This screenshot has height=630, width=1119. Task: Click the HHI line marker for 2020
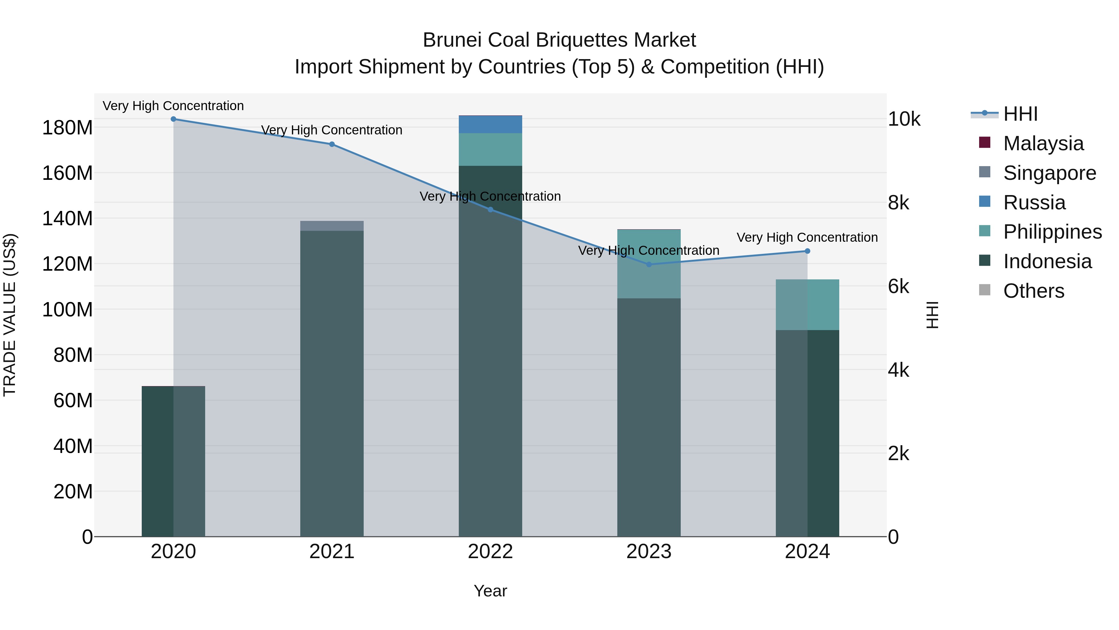coord(173,119)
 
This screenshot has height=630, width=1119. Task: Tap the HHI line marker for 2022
coord(490,210)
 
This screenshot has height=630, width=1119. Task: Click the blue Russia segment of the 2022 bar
coord(490,124)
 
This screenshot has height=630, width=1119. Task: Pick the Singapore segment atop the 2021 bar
coord(332,226)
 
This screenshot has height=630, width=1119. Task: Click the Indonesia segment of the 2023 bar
coord(649,418)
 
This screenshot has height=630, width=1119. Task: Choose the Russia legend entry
coord(1034,203)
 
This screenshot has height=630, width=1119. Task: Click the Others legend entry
coord(1034,291)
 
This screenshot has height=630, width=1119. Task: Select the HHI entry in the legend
coord(1020,114)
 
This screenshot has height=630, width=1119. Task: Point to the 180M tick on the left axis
coord(67,128)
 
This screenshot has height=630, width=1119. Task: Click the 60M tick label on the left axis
coord(73,400)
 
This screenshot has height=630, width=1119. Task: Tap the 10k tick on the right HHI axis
coord(904,119)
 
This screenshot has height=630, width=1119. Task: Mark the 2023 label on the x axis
coord(649,552)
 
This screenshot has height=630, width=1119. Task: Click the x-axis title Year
coord(490,591)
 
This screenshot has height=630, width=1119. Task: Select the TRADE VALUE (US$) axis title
coord(10,315)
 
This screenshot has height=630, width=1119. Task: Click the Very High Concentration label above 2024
coord(807,237)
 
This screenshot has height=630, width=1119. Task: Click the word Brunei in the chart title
coord(452,40)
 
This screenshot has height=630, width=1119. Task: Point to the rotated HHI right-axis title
coord(932,315)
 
